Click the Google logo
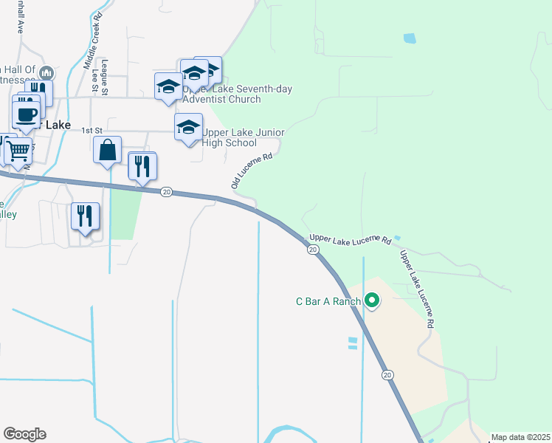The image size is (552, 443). point(24,434)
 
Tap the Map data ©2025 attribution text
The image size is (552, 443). point(520,437)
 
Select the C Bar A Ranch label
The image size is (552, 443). point(328,301)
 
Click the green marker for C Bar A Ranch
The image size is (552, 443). point(373,301)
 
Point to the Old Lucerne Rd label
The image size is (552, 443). point(252,171)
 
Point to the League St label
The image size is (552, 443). point(105,76)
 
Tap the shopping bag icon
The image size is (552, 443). point(108,150)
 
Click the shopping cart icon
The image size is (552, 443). point(18,150)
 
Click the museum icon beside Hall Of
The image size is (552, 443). point(46,73)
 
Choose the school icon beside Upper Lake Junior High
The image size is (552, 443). point(188,127)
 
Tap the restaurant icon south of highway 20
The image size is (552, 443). point(85,216)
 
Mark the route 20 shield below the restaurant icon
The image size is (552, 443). point(167,192)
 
